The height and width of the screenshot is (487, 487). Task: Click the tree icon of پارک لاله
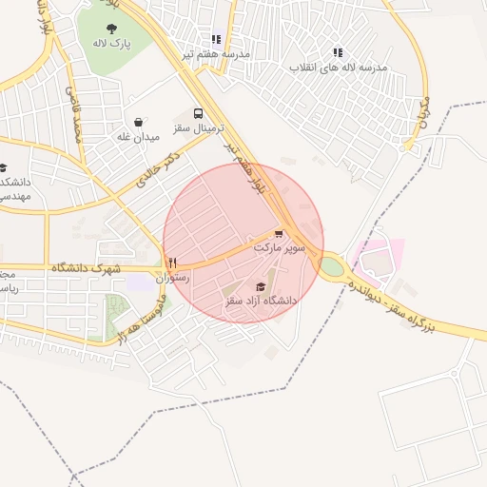[112, 29]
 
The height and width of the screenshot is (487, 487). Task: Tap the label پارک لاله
[112, 44]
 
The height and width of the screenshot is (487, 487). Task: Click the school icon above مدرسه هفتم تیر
[217, 39]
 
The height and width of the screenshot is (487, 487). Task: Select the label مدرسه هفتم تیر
[217, 54]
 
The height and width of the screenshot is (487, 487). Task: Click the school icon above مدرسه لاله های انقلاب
[338, 53]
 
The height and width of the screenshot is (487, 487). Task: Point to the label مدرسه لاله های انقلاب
[338, 68]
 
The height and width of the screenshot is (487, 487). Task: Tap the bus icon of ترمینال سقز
[199, 113]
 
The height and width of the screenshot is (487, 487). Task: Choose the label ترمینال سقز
[199, 127]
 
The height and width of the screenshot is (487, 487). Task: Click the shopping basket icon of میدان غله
[139, 122]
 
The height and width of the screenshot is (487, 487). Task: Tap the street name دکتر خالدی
[158, 169]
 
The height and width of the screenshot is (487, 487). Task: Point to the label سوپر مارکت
[279, 247]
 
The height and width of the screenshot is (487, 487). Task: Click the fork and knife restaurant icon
[172, 263]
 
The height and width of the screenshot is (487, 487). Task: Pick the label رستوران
[172, 279]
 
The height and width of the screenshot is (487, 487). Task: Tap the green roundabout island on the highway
[331, 267]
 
